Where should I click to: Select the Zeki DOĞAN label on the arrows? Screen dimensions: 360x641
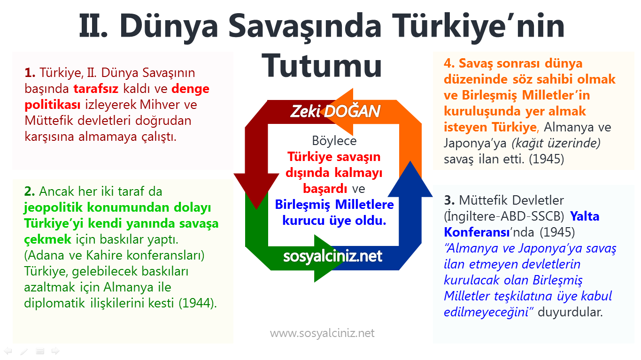pos(335,112)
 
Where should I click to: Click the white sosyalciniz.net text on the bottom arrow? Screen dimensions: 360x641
pos(332,256)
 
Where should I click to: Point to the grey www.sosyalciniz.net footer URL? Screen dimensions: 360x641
pos(322,333)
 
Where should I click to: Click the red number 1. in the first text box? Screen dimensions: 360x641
pos(31,73)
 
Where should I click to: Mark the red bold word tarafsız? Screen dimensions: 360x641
pos(96,89)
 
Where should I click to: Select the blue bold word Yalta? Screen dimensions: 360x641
pos(585,216)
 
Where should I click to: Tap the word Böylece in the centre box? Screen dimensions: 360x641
pos(334,141)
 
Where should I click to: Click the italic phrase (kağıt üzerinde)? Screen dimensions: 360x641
pos(565,143)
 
